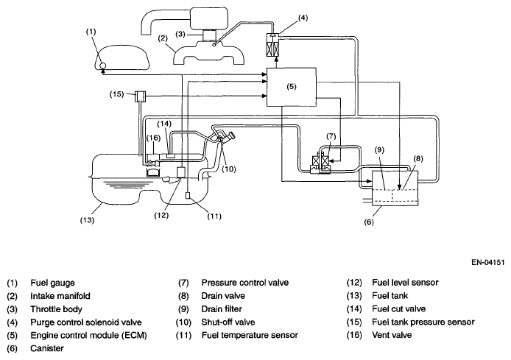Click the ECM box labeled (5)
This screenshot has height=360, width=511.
292,87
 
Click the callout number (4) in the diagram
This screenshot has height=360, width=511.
303,18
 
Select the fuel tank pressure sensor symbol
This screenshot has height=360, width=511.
141,96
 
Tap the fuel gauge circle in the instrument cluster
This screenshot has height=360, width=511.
102,66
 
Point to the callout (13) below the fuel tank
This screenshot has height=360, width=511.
87,220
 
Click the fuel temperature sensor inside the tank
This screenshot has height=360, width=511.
188,195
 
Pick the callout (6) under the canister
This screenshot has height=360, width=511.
369,222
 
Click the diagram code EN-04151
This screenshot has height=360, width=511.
488,262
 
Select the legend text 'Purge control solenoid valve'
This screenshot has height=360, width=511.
86,322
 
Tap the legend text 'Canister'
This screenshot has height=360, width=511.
47,348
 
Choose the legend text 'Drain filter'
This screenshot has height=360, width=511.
222,309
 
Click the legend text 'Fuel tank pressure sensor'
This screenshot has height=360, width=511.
423,322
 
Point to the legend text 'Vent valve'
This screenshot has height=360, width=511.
392,335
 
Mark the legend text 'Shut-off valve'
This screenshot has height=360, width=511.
228,322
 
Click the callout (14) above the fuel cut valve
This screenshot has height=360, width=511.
164,124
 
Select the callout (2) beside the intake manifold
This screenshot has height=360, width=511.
163,38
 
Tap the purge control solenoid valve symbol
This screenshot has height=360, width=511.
273,45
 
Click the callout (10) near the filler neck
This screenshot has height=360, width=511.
228,169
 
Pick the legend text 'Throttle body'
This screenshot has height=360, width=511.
56,309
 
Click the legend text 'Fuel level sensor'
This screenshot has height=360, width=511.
405,283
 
